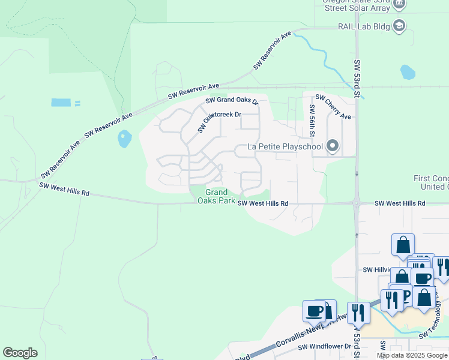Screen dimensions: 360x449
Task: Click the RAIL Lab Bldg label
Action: pos(361,26)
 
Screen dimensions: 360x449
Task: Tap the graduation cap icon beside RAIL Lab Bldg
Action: pos(400,26)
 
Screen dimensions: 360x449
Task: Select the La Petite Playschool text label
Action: pos(285,146)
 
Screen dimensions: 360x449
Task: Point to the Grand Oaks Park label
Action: pos(216,196)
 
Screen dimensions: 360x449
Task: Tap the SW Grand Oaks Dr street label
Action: pos(231,101)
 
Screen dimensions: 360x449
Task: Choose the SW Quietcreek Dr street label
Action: pos(219,122)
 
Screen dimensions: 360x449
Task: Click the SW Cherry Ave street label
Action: pos(333,107)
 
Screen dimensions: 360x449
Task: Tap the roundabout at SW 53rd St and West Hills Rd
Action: pos(357,203)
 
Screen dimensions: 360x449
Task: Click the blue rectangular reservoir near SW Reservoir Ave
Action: pos(61,103)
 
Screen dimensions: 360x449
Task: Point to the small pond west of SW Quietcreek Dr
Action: pos(124,139)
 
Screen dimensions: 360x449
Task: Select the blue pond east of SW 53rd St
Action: pos(408,73)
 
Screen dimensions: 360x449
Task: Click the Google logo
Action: pos(20,353)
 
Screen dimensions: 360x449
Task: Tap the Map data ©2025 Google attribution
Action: pos(412,355)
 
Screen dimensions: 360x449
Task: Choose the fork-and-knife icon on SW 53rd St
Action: pos(358,313)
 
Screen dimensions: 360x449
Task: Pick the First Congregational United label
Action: pos(431,182)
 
